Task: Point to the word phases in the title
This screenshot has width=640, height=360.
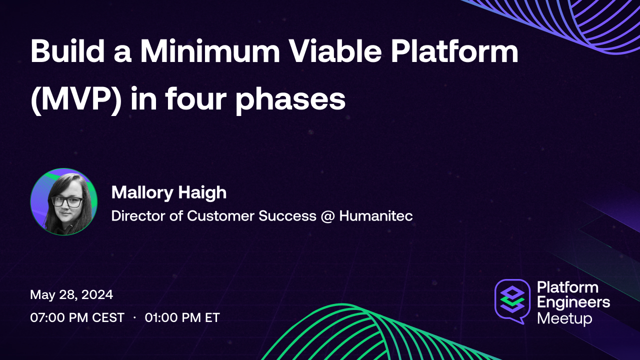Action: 290,98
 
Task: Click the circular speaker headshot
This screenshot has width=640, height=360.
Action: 64,201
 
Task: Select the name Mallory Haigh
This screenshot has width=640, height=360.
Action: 169,192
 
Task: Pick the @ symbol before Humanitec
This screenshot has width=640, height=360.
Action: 327,216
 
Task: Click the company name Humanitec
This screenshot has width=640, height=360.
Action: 376,216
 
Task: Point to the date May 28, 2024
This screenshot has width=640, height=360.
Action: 71,294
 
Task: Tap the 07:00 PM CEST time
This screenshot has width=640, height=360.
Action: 77,317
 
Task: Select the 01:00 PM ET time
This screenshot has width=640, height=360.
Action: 182,317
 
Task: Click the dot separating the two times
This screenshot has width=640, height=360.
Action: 135,317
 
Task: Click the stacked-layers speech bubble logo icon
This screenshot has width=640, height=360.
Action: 512,300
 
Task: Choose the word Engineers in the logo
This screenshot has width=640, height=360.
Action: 573,302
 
